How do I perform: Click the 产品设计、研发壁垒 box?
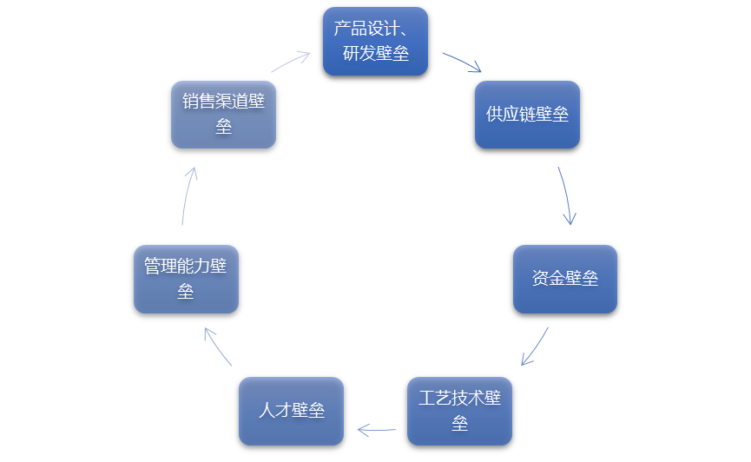click(x=375, y=41)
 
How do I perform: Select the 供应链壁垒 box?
click(x=527, y=115)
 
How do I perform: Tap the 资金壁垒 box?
click(x=565, y=279)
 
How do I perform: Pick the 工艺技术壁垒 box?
click(x=459, y=411)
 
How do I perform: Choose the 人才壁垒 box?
click(x=291, y=411)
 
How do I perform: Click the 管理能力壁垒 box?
click(x=186, y=279)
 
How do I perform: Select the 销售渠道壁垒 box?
click(x=223, y=115)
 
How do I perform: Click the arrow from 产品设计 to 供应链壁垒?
click(x=463, y=63)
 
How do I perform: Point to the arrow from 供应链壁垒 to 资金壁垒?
click(x=565, y=196)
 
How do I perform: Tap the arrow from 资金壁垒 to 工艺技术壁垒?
click(x=536, y=346)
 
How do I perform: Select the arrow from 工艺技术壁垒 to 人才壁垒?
click(x=376, y=429)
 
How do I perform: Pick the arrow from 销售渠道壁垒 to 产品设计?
click(x=291, y=62)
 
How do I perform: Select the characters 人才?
click(x=274, y=411)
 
